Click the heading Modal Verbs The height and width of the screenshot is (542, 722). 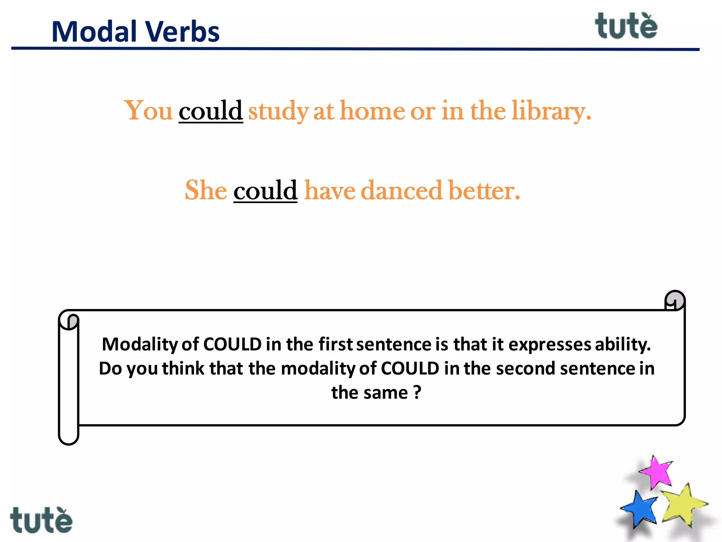coord(135,32)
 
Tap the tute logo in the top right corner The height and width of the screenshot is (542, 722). coord(626,26)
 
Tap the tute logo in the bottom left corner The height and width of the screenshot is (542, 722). coord(41,520)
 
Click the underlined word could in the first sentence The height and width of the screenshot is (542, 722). coord(210,111)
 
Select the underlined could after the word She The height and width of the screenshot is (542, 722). coord(265,190)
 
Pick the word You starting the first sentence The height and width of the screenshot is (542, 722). coord(148,111)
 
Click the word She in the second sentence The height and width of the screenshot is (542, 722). coord(206,190)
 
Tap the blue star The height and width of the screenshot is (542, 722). coord(639,509)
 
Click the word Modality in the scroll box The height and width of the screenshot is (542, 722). coord(140,344)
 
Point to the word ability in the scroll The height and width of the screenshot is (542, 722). coord(623,344)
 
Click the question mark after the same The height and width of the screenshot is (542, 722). coord(417,392)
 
